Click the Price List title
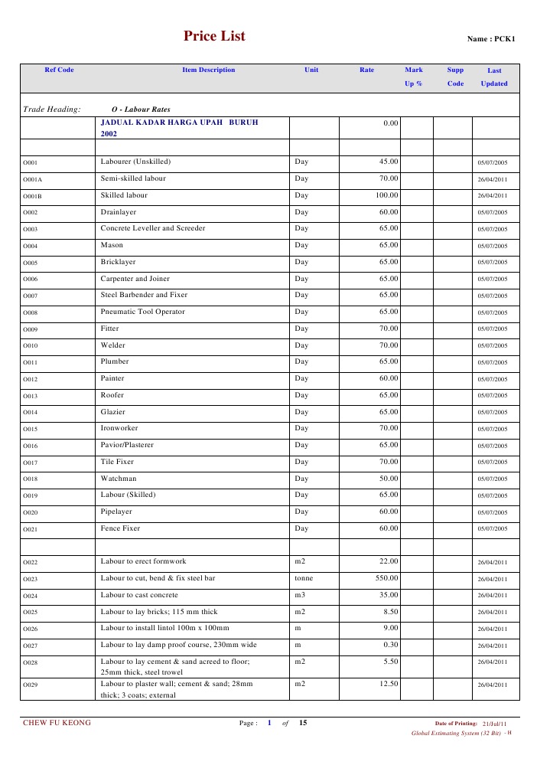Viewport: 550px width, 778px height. click(214, 36)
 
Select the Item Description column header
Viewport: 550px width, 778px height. click(209, 70)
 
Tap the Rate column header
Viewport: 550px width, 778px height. click(367, 70)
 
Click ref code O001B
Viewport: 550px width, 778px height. click(33, 196)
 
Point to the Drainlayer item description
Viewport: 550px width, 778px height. click(118, 212)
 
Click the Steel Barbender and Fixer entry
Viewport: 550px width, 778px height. click(144, 295)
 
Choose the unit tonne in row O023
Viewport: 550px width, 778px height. click(304, 578)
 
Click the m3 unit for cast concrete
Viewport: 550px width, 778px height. click(300, 595)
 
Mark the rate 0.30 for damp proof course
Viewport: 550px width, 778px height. click(391, 645)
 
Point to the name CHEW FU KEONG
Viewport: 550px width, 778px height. click(57, 722)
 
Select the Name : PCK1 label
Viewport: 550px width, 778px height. click(491, 39)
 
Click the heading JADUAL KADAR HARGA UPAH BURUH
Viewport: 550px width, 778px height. click(179, 122)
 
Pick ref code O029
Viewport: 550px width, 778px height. click(31, 685)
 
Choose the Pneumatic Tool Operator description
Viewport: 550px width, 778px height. click(142, 312)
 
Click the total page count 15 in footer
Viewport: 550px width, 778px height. click(303, 722)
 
